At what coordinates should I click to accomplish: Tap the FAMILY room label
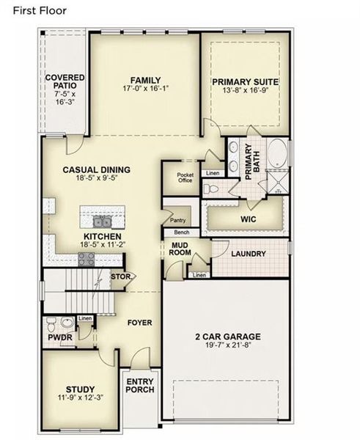pyautogui.click(x=146, y=81)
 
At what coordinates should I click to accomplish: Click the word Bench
pyautogui.click(x=181, y=232)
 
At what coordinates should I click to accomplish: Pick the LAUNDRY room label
pyautogui.click(x=248, y=254)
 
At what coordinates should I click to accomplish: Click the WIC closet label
pyautogui.click(x=247, y=218)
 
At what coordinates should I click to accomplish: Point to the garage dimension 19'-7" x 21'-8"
pyautogui.click(x=228, y=347)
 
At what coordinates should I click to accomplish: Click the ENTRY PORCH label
pyautogui.click(x=140, y=386)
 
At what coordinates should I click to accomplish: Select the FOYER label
pyautogui.click(x=139, y=322)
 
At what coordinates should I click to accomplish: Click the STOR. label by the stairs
pyautogui.click(x=121, y=276)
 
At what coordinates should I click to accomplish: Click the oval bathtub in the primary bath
pyautogui.click(x=277, y=155)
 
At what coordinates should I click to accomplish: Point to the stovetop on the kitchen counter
pyautogui.click(x=87, y=258)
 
